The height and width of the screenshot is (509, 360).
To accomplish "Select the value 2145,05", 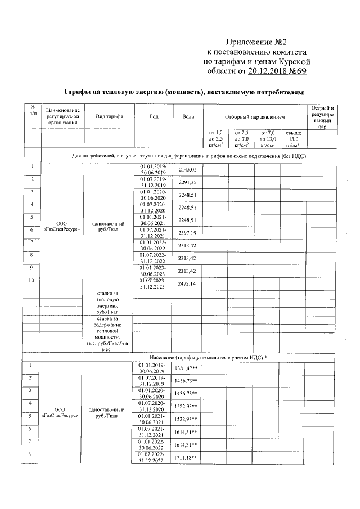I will tap(188, 169).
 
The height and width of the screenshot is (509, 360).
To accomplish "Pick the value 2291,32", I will tap(188, 182).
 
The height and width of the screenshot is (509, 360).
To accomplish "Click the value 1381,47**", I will tap(187, 367).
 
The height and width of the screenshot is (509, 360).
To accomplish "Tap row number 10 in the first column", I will tap(32, 280).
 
